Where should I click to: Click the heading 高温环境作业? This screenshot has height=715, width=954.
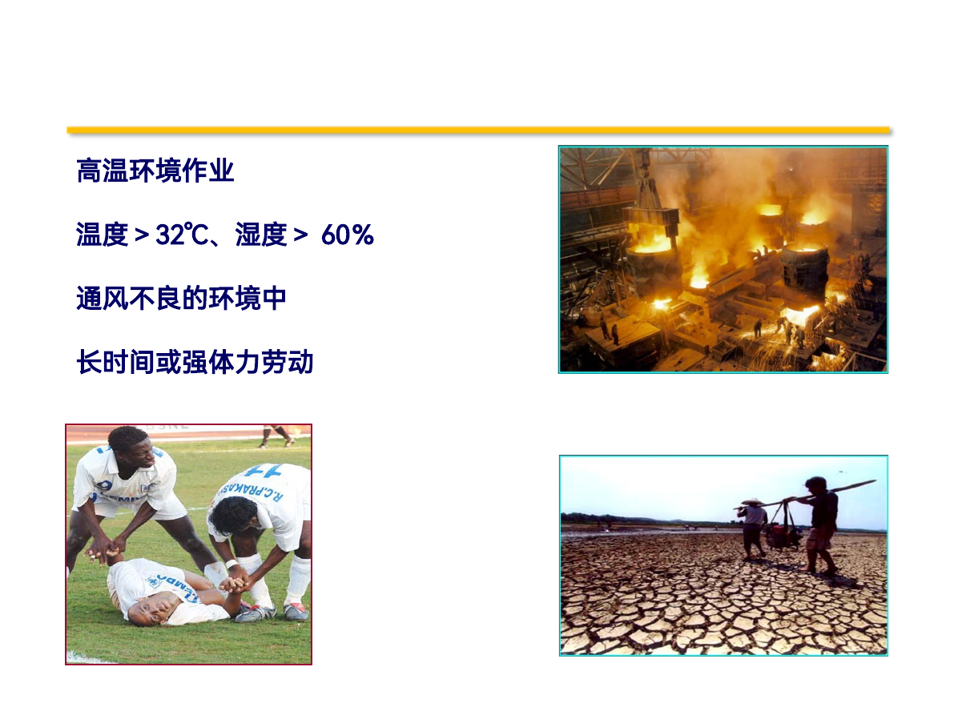point(155,171)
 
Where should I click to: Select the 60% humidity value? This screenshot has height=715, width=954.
point(348,235)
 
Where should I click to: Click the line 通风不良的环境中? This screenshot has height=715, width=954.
point(181,299)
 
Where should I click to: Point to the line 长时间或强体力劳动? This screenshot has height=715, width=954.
point(195,363)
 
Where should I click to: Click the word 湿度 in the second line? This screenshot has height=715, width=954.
point(261,235)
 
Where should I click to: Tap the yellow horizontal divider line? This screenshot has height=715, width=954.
point(478,131)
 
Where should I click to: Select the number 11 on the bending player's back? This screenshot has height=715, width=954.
point(264,470)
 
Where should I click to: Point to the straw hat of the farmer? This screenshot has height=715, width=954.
point(752,502)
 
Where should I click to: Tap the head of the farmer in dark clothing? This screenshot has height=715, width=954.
point(815,486)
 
